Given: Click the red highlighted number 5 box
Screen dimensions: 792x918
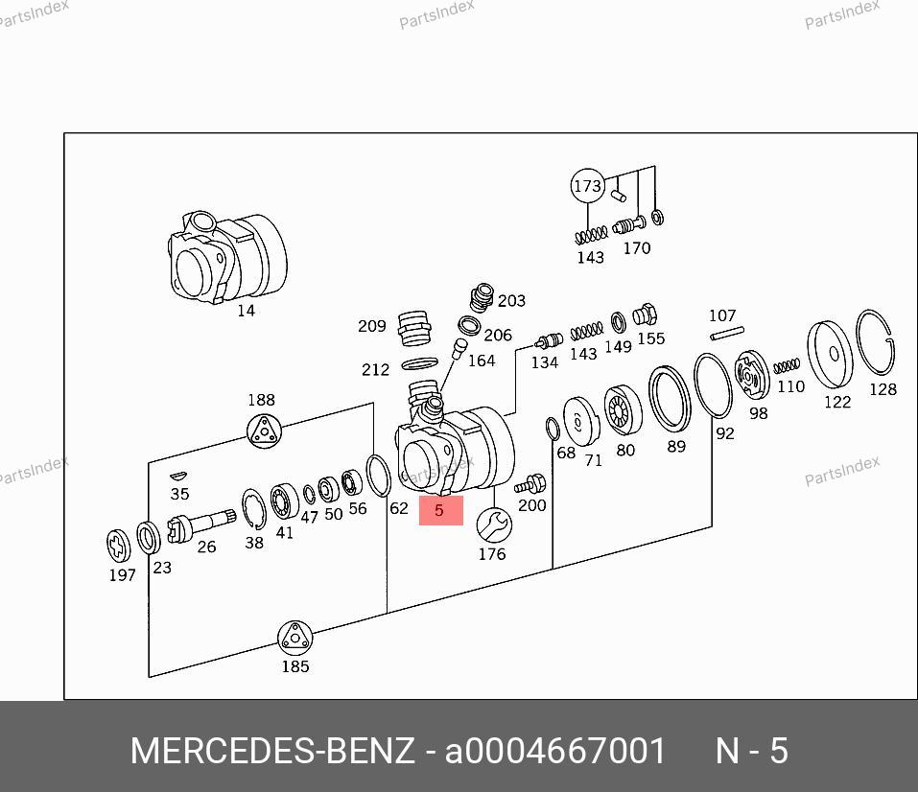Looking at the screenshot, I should pos(440,511).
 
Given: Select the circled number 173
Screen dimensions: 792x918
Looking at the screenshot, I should pos(587,186).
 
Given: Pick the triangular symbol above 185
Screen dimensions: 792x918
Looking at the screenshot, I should pos(294,638).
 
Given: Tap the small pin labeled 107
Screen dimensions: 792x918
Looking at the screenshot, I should pos(727,333).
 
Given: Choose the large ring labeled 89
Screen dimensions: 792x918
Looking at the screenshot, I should pos(671,397).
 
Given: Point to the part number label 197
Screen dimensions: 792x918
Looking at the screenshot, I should pos(122,575).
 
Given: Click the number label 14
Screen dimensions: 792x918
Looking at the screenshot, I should pos(247,311).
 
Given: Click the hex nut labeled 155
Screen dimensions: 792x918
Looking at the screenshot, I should pos(646,314).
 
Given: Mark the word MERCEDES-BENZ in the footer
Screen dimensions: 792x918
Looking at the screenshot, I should pos(272,751).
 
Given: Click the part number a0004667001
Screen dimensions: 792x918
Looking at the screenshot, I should pos(555,751).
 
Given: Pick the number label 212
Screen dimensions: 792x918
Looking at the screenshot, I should pos(375,369).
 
